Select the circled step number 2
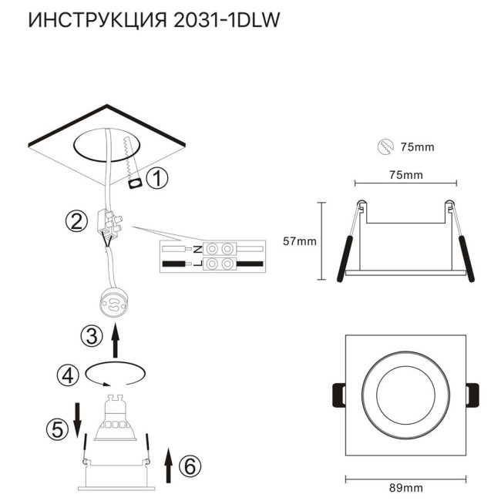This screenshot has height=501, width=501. tap(76, 223)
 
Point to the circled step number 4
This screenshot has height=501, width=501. tap(68, 375)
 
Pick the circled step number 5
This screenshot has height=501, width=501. tap(57, 429)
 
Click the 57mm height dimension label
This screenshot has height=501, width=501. tap(300, 241)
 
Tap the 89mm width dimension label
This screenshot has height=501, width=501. tap(405, 489)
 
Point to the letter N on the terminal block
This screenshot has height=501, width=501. tap(197, 250)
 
